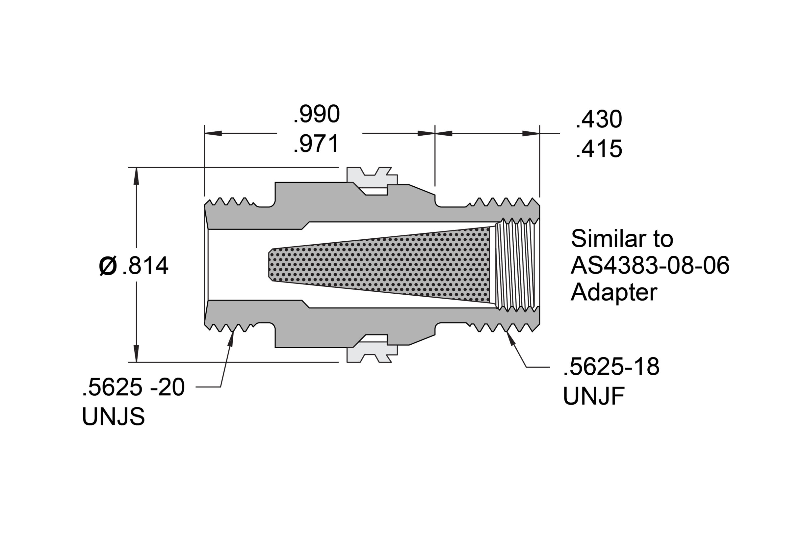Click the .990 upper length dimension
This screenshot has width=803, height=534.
pos(317,115)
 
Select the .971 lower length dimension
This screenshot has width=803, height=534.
pos(317,144)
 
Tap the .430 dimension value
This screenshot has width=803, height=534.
pos(598,120)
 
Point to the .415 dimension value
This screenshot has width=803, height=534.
pos(598,149)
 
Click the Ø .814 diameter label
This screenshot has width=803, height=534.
pos(134,266)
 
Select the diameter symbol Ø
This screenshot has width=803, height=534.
pos(108,266)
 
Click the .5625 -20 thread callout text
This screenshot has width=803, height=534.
pos(133,387)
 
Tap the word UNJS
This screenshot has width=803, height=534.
pos(113,416)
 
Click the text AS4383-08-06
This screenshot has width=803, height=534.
pos(650,266)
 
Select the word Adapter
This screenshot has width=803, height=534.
pos(614,293)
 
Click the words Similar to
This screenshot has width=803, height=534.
pos(622,239)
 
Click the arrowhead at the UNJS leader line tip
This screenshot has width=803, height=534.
pos(231,337)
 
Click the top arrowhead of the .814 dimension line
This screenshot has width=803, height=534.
pos(137,176)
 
